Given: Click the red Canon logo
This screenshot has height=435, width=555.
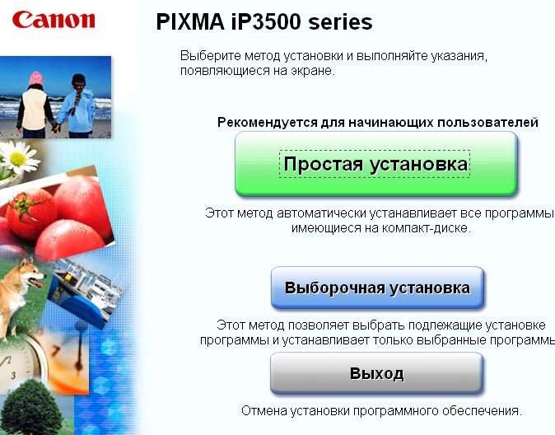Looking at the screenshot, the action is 54,20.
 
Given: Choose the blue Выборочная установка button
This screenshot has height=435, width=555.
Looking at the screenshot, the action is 377,288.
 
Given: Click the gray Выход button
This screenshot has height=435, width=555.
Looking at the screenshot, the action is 376,373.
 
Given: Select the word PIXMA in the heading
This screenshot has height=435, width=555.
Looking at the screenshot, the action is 190,22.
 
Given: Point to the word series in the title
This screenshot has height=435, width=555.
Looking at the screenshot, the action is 341,22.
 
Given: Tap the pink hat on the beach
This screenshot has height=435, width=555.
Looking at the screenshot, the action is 35,78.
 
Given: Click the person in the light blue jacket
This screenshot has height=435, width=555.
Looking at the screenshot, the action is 77,105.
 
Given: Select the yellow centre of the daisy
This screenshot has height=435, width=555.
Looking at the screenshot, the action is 18,159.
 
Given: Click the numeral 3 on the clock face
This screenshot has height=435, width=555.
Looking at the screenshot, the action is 13,375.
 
